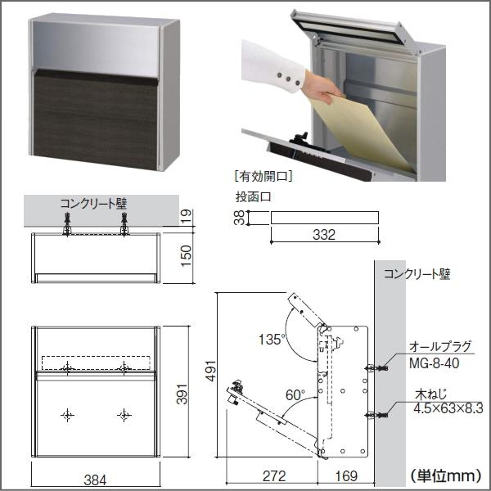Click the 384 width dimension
click(95, 480)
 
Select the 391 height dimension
click(182, 394)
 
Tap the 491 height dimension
click(211, 371)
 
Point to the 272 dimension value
click(274, 476)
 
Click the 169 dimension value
click(346, 476)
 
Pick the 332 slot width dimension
click(324, 235)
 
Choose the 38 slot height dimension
click(239, 218)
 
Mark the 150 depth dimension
click(186, 256)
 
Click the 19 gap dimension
click(186, 217)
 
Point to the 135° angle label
click(273, 339)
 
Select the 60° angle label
click(295, 395)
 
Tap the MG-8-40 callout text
click(434, 363)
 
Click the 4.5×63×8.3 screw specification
click(448, 408)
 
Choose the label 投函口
click(253, 197)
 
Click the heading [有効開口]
click(264, 177)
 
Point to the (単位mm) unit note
click(446, 476)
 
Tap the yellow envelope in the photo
click(362, 133)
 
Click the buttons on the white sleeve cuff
click(288, 79)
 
